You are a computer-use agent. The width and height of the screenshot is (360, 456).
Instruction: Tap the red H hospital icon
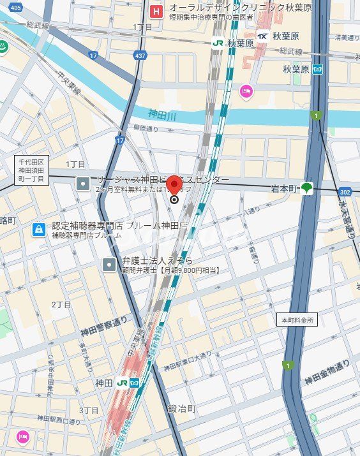pyautogui.click(x=155, y=11)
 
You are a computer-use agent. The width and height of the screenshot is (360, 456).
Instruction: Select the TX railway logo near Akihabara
pyautogui.click(x=262, y=36)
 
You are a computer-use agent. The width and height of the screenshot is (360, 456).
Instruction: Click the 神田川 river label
pyautogui.click(x=162, y=114)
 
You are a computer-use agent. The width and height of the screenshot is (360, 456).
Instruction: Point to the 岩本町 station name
pyautogui.click(x=283, y=188)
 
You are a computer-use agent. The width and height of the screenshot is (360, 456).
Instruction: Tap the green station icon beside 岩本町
pyautogui.click(x=308, y=188)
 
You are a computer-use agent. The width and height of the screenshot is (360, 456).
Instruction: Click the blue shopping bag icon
pyautogui.click(x=39, y=228)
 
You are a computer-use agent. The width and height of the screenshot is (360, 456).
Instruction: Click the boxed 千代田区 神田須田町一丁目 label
pyautogui.click(x=31, y=170)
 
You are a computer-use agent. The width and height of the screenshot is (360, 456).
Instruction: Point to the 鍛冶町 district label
pyautogui.click(x=181, y=408)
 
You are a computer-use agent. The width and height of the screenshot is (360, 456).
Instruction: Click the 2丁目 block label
pyautogui.click(x=62, y=304)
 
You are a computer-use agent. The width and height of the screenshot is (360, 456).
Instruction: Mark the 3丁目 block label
pyautogui.click(x=89, y=409)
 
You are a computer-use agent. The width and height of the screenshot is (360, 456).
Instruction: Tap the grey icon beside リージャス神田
pyautogui.click(x=83, y=184)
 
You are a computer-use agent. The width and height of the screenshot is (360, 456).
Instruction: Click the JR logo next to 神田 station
pyautogui.click(x=121, y=383)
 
